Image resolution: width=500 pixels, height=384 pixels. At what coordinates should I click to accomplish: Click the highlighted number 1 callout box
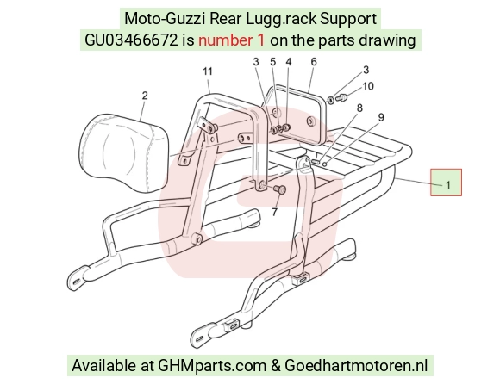coord(446,183)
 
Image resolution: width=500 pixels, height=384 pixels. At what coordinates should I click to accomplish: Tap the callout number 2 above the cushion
coord(145,96)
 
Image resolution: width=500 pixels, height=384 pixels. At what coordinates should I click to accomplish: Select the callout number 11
coord(208,71)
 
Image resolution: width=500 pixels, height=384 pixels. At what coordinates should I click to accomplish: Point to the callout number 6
coord(314,62)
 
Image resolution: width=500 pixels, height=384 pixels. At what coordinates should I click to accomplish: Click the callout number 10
coord(368,86)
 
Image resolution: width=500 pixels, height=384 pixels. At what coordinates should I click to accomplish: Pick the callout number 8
coord(359,108)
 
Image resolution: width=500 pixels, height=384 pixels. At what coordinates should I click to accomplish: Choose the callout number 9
coord(381,117)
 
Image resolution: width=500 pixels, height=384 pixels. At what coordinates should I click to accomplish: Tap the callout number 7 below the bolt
coord(274,212)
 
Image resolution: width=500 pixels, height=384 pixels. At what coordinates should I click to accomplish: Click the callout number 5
coord(272,62)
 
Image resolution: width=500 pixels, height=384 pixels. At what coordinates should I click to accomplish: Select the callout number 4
coord(289,62)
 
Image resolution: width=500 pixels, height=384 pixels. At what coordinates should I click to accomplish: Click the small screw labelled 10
coord(341,97)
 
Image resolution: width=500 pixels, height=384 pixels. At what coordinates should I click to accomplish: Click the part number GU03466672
coord(131,40)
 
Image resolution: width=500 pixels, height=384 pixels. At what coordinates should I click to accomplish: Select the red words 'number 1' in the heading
coord(232,40)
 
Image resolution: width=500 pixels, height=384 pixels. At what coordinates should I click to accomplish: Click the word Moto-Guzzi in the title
coord(165,18)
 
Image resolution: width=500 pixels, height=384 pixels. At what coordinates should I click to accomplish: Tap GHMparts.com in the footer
coord(212,365)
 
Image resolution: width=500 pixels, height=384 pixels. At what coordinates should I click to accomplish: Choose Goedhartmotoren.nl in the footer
coord(356,365)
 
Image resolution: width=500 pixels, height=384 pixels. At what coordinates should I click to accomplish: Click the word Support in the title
coord(348,19)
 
